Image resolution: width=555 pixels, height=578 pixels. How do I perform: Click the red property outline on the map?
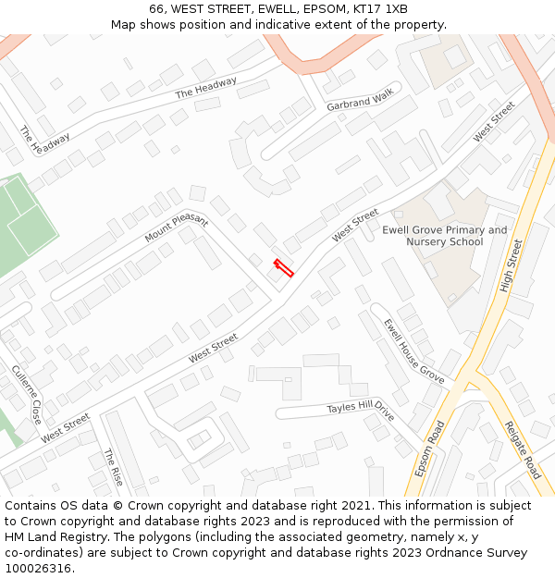tap(283, 268)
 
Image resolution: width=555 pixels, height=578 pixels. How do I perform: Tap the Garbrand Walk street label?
tap(360, 100)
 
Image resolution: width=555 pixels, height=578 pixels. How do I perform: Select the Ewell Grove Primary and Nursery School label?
tap(445, 236)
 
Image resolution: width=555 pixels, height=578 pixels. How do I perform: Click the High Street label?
tap(512, 265)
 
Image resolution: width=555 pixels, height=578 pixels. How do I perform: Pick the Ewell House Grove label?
tap(414, 350)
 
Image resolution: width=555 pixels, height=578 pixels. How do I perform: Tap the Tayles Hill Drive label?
tap(361, 412)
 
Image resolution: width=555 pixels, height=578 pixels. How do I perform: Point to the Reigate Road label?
tap(522, 450)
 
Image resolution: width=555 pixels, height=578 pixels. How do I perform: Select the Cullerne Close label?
tap(27, 393)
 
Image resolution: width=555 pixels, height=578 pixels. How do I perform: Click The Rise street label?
tap(114, 469)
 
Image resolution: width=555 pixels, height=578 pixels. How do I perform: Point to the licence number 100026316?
tap(40, 569)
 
